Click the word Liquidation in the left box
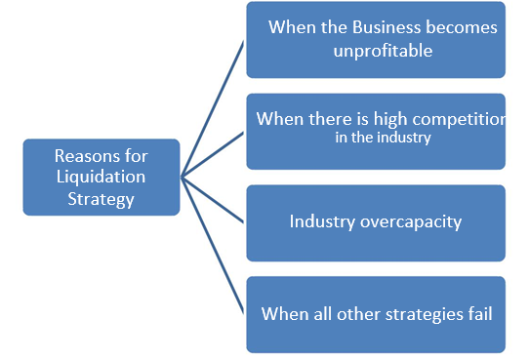(x=101, y=177)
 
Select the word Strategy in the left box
(x=101, y=198)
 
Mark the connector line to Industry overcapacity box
(x=216, y=199)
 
